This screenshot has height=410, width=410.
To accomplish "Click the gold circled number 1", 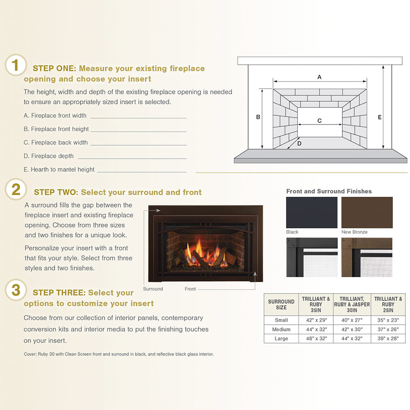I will pos(16,65).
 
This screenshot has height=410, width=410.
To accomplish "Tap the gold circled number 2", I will pos(16,189).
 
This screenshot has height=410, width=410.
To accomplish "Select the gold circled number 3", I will pos(16,290).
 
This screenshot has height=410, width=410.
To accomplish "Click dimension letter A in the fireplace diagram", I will pos(319,77).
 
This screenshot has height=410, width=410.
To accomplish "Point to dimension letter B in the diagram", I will pos(258,117).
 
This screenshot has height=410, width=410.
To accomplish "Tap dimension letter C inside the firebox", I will pos(319,121).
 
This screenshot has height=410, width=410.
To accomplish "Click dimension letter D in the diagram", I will pos(299,143).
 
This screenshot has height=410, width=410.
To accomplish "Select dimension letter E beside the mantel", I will pos(380,117).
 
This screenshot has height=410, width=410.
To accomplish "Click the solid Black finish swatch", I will pos(312,212).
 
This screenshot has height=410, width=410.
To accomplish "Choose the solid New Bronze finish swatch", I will pos(367,212).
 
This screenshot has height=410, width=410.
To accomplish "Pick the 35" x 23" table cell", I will pos(388,320).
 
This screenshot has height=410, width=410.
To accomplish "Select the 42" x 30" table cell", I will pos(352,330).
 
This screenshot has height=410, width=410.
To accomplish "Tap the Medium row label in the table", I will pos(281,330).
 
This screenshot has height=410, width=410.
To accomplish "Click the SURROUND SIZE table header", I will pos(281,304).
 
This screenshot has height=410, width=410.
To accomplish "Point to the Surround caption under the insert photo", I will pos(153,289).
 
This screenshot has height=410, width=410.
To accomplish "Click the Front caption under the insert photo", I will pos(190,289).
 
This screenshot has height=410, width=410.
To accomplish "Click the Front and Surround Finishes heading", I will pos(329,191).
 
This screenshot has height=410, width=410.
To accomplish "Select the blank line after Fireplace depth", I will pos(132,158).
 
